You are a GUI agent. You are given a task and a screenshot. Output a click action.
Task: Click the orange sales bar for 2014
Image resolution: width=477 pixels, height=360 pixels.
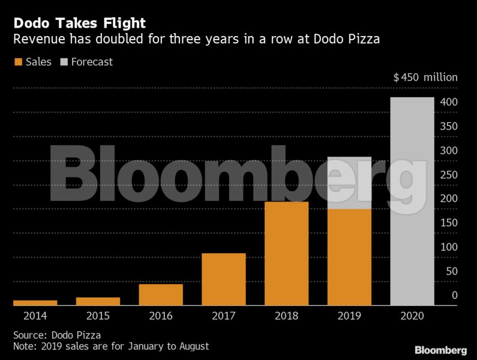pyautogui.click(x=35, y=302)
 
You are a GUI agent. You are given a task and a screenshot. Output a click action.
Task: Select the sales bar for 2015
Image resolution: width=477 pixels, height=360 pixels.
pyautogui.click(x=98, y=301)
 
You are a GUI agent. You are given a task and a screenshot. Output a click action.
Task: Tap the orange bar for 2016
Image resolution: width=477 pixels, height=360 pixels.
pyautogui.click(x=161, y=295)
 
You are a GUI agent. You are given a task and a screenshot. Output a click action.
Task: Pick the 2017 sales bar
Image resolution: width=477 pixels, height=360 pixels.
pyautogui.click(x=224, y=279)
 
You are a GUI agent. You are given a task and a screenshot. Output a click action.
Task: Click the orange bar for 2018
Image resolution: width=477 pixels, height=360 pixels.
pyautogui.click(x=287, y=253)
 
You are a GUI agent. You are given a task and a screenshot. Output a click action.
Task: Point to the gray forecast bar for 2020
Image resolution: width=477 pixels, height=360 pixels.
pyautogui.click(x=412, y=201)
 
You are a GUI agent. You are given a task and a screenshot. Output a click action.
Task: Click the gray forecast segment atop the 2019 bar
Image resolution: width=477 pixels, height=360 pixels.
pyautogui.click(x=349, y=182)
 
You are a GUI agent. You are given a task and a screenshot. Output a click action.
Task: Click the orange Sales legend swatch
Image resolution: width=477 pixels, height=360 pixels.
pyautogui.click(x=17, y=62)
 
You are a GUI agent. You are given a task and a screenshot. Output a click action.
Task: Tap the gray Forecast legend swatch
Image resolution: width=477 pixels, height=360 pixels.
pyautogui.click(x=64, y=62)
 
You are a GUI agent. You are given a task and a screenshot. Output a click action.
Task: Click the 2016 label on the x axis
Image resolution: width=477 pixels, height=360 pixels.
pyautogui.click(x=161, y=316)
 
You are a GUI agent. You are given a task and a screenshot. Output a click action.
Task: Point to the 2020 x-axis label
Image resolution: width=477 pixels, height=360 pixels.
pyautogui.click(x=412, y=316)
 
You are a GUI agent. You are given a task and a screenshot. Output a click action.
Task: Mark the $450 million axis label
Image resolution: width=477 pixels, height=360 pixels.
pyautogui.click(x=425, y=77)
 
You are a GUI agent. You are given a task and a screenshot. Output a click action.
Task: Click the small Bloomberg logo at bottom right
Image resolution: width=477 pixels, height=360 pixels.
pyautogui.click(x=440, y=349)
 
